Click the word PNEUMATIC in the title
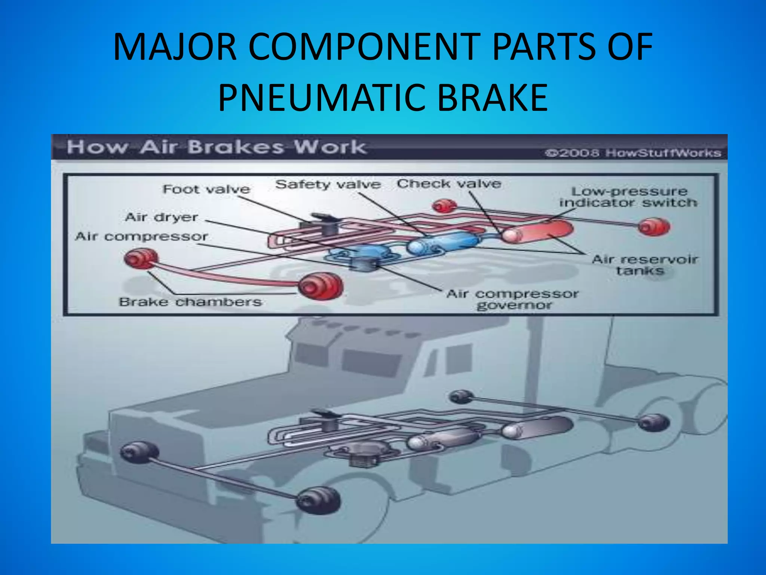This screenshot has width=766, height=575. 322,98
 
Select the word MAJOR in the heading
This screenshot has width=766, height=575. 175,47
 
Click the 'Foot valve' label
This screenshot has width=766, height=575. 206,189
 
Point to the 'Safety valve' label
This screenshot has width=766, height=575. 328,184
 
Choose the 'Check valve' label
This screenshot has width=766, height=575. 449,184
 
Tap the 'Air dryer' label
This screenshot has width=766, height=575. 161,217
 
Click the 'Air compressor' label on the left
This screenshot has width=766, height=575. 141,237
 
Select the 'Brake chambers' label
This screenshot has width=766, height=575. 190,302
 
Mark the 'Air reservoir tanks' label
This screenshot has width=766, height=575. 644,265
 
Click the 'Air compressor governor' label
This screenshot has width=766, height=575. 513,299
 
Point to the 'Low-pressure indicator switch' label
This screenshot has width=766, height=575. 629,197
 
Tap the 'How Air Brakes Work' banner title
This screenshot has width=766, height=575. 216,147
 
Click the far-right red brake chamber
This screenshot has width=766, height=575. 654,227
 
